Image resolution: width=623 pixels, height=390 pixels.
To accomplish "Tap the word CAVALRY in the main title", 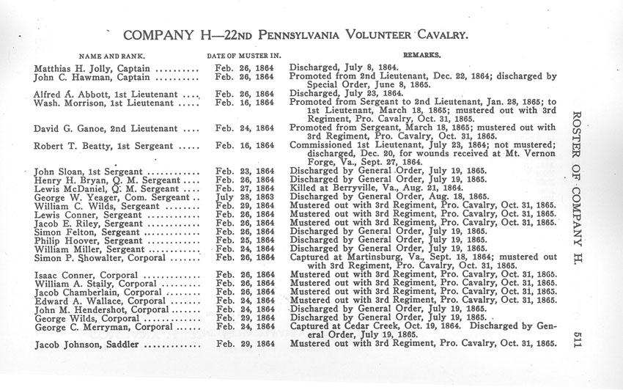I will [x=434, y=34].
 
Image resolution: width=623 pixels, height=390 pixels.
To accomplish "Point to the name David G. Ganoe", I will [x=71, y=129].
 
